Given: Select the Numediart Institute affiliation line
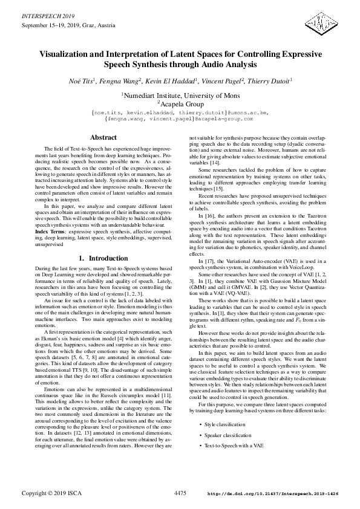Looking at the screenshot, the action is (x=181, y=95).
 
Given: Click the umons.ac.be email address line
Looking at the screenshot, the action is (x=180, y=112).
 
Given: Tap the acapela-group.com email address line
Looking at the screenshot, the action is (x=180, y=119).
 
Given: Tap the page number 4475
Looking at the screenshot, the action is (x=180, y=493).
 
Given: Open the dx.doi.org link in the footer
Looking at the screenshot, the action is (x=272, y=494).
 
